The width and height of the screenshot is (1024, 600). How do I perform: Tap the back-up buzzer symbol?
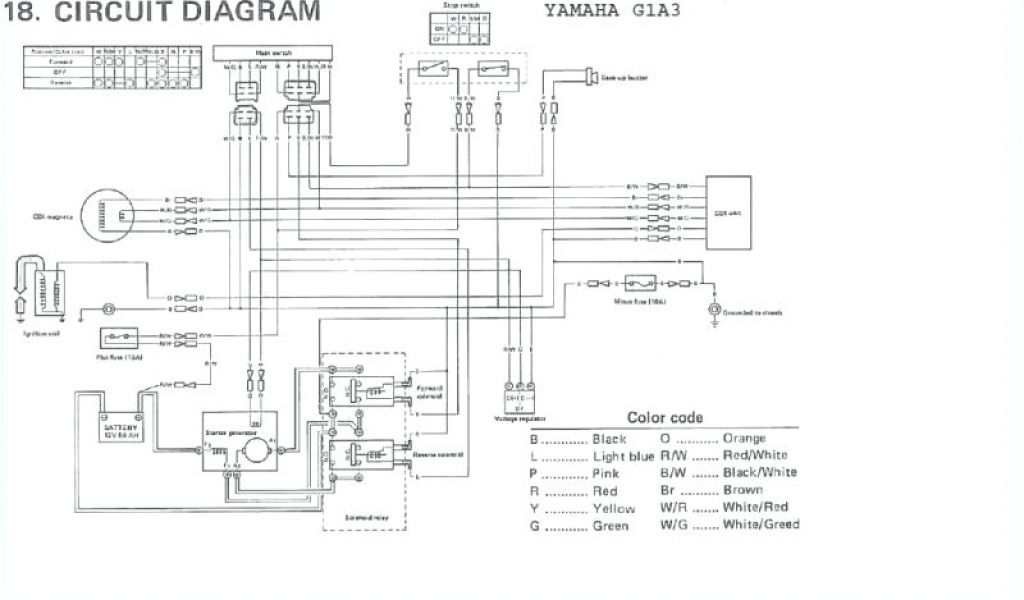click(584, 76)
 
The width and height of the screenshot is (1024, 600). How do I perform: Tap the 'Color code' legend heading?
click(664, 417)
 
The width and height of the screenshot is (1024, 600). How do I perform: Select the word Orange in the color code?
click(741, 438)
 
